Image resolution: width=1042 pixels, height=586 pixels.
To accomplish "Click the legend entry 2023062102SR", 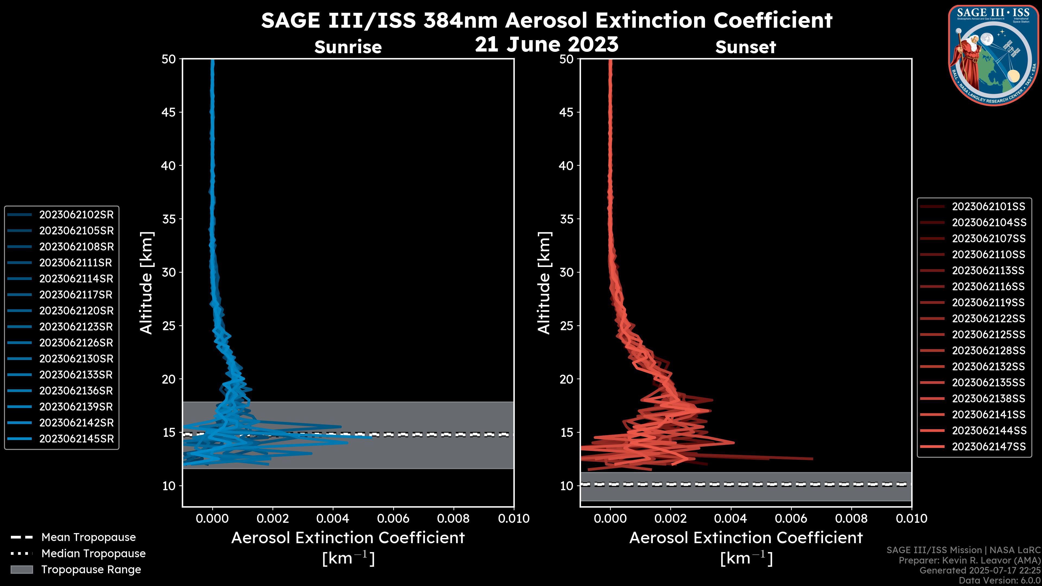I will tap(76, 215).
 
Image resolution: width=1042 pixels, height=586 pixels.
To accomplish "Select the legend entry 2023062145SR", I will tap(76, 439).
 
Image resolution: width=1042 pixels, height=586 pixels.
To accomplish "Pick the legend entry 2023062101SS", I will tap(988, 207).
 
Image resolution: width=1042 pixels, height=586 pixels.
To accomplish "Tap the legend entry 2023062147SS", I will tap(988, 447).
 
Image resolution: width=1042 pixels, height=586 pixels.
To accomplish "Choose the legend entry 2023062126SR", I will tap(76, 343).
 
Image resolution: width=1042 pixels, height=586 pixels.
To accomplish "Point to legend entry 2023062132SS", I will tap(988, 367).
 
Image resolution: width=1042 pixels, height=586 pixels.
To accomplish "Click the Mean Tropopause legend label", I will tap(88, 537).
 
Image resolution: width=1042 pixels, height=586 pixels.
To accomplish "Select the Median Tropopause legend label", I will tap(93, 554).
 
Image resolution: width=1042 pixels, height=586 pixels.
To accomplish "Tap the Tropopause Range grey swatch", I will tap(21, 570).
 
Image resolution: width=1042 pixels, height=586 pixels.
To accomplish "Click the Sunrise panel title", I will tap(348, 47).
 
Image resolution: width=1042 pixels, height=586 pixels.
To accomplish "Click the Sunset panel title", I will tap(745, 47).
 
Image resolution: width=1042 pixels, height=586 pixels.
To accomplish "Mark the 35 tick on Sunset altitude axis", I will tap(566, 219).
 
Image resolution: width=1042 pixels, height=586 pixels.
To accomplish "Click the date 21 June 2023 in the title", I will tap(547, 44).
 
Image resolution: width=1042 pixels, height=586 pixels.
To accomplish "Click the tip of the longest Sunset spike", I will tap(812, 458).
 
